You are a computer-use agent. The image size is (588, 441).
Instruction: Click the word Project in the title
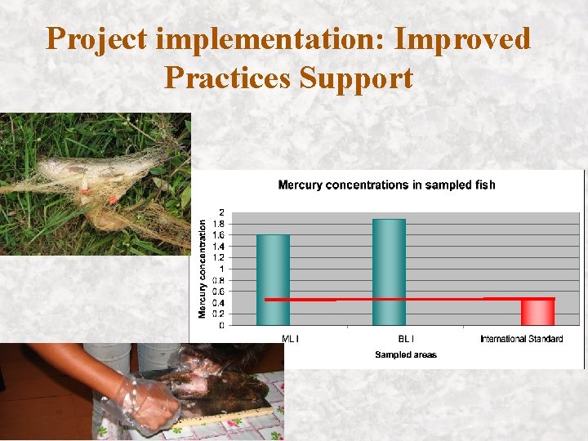point(97,39)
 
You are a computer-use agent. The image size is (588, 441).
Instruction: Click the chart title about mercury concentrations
point(386,185)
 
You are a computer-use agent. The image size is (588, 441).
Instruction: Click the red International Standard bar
point(537,312)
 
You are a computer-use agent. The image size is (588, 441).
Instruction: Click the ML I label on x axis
point(290,339)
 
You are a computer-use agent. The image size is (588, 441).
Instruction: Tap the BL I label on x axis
point(405,339)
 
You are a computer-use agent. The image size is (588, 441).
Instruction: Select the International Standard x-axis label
point(521,339)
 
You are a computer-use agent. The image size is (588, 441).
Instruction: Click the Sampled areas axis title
point(406,354)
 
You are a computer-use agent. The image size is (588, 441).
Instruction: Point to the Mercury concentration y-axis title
point(203,269)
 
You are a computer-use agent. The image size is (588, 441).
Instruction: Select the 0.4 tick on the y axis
point(218,303)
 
